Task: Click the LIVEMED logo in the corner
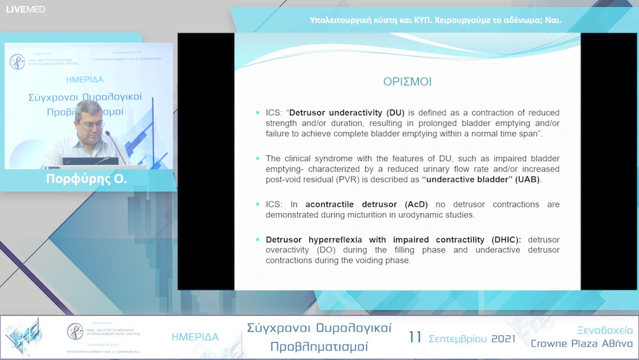pos(25,9)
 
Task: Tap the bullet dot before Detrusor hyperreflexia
pos(257,240)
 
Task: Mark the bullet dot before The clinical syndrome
pos(257,159)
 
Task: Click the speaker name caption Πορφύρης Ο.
pos(86,179)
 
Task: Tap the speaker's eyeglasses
pos(92,124)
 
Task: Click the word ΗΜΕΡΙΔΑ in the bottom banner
pos(195,337)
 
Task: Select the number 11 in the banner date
pos(415,337)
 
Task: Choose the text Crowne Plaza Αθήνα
pos(581,344)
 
